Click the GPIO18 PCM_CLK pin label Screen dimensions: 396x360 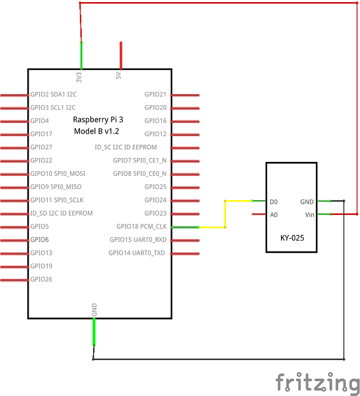point(141,227)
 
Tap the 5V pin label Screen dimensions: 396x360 point(119,76)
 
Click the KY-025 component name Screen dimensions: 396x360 point(292,237)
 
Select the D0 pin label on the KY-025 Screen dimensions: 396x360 point(274,202)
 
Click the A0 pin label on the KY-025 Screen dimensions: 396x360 point(274,215)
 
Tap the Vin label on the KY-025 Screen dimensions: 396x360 point(310,215)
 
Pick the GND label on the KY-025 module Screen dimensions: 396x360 point(307,202)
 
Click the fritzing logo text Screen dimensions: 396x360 point(317,383)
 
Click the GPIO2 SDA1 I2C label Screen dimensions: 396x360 point(54,94)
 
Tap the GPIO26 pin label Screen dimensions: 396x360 point(41,279)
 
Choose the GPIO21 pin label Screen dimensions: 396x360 point(155,94)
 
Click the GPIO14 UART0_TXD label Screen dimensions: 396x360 point(137,253)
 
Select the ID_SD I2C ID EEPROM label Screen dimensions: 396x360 point(62,213)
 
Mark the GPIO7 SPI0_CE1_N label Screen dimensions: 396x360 point(139,160)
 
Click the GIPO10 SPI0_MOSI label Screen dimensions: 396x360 point(58,174)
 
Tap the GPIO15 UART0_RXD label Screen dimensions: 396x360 point(138,240)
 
